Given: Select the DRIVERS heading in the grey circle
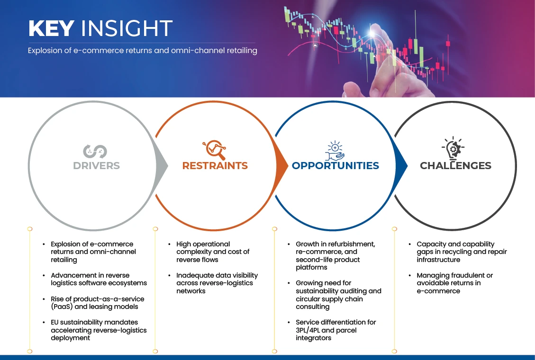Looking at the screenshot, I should click(x=96, y=166).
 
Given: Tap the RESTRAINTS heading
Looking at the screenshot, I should click(x=215, y=166).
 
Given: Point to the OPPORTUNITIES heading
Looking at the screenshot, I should click(x=335, y=166).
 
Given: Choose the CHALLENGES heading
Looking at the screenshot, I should click(x=455, y=166).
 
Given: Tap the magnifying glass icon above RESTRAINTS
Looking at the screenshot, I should click(x=214, y=150).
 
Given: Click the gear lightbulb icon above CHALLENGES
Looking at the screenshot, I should click(x=453, y=149).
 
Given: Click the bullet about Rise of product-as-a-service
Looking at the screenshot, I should click(x=97, y=303).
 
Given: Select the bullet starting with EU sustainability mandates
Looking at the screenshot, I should click(x=99, y=330).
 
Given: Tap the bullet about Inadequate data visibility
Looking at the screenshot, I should click(x=217, y=283).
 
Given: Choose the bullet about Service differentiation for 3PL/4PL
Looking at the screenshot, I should click(x=336, y=330).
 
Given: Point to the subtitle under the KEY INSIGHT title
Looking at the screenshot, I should click(x=142, y=51).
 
